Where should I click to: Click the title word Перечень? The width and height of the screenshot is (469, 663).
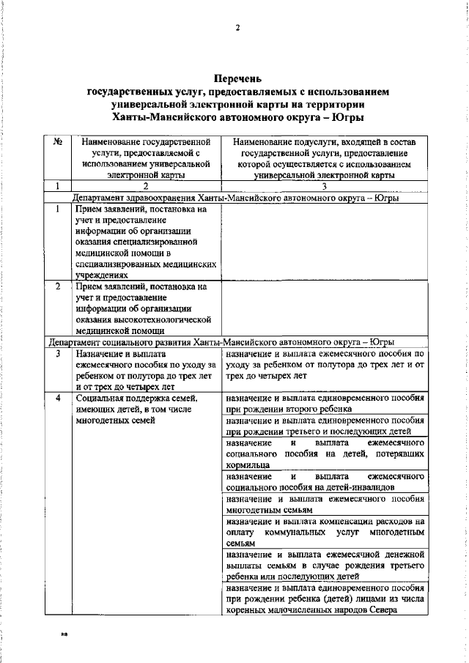(237, 79)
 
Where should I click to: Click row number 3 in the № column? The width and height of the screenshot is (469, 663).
(57, 353)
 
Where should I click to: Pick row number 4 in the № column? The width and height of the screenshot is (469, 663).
(57, 397)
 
